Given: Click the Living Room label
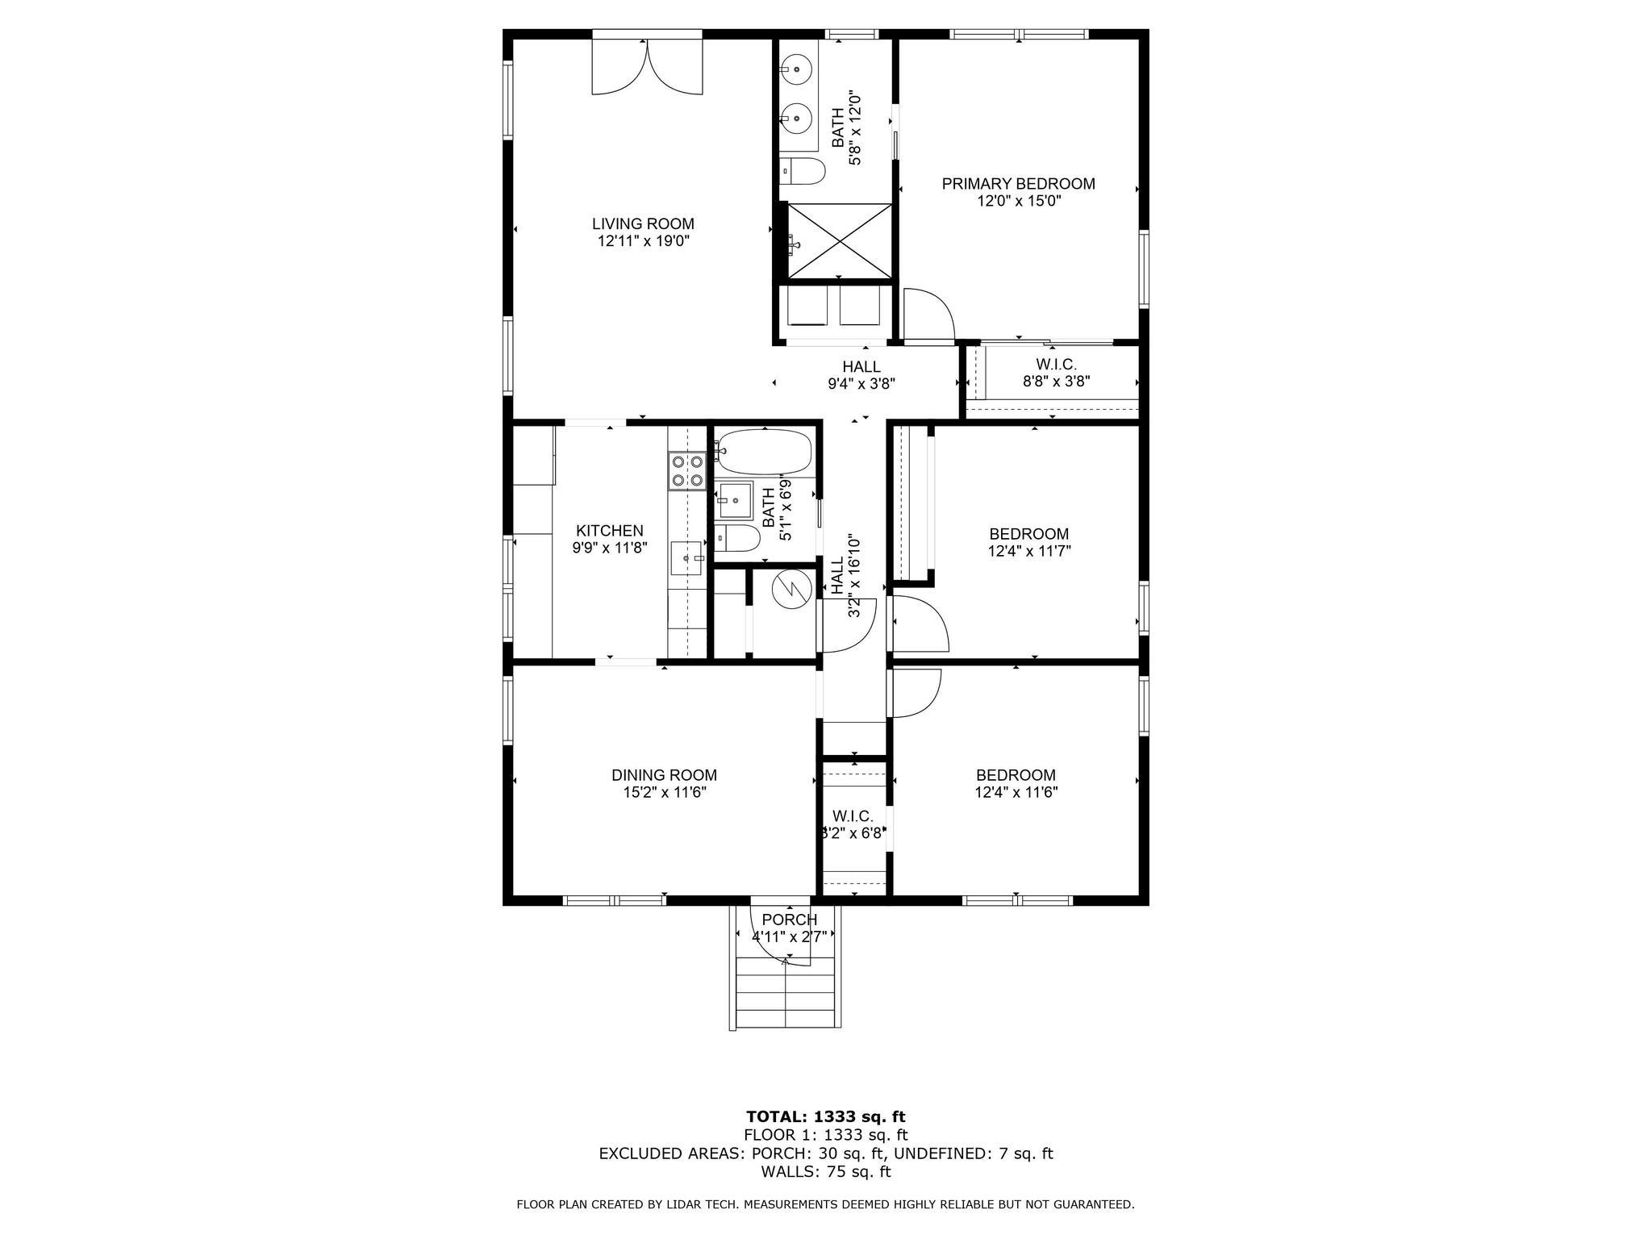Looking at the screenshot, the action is pyautogui.click(x=643, y=223).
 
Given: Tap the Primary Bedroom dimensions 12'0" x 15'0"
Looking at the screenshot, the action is pyautogui.click(x=1019, y=201).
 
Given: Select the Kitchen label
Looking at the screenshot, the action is pyautogui.click(x=610, y=531).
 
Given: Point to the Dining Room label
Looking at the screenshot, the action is pyautogui.click(x=664, y=775).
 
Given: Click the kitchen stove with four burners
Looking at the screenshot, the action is pyautogui.click(x=686, y=472).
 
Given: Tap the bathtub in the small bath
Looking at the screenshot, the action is pyautogui.click(x=763, y=453).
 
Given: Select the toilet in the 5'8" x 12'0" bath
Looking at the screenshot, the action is pyautogui.click(x=803, y=171).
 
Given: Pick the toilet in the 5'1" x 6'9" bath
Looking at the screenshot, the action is pyautogui.click(x=737, y=538).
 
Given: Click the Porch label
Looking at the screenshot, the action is pyautogui.click(x=789, y=920).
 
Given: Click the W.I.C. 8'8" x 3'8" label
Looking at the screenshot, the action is pyautogui.click(x=1057, y=373).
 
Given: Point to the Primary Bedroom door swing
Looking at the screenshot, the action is pyautogui.click(x=928, y=314).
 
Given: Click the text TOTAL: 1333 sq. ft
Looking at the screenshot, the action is pyautogui.click(x=826, y=1117).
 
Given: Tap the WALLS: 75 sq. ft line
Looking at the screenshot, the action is pyautogui.click(x=826, y=1171).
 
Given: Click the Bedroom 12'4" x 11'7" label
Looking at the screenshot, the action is pyautogui.click(x=1029, y=542).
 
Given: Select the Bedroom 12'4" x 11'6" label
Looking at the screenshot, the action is pyautogui.click(x=1016, y=783).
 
